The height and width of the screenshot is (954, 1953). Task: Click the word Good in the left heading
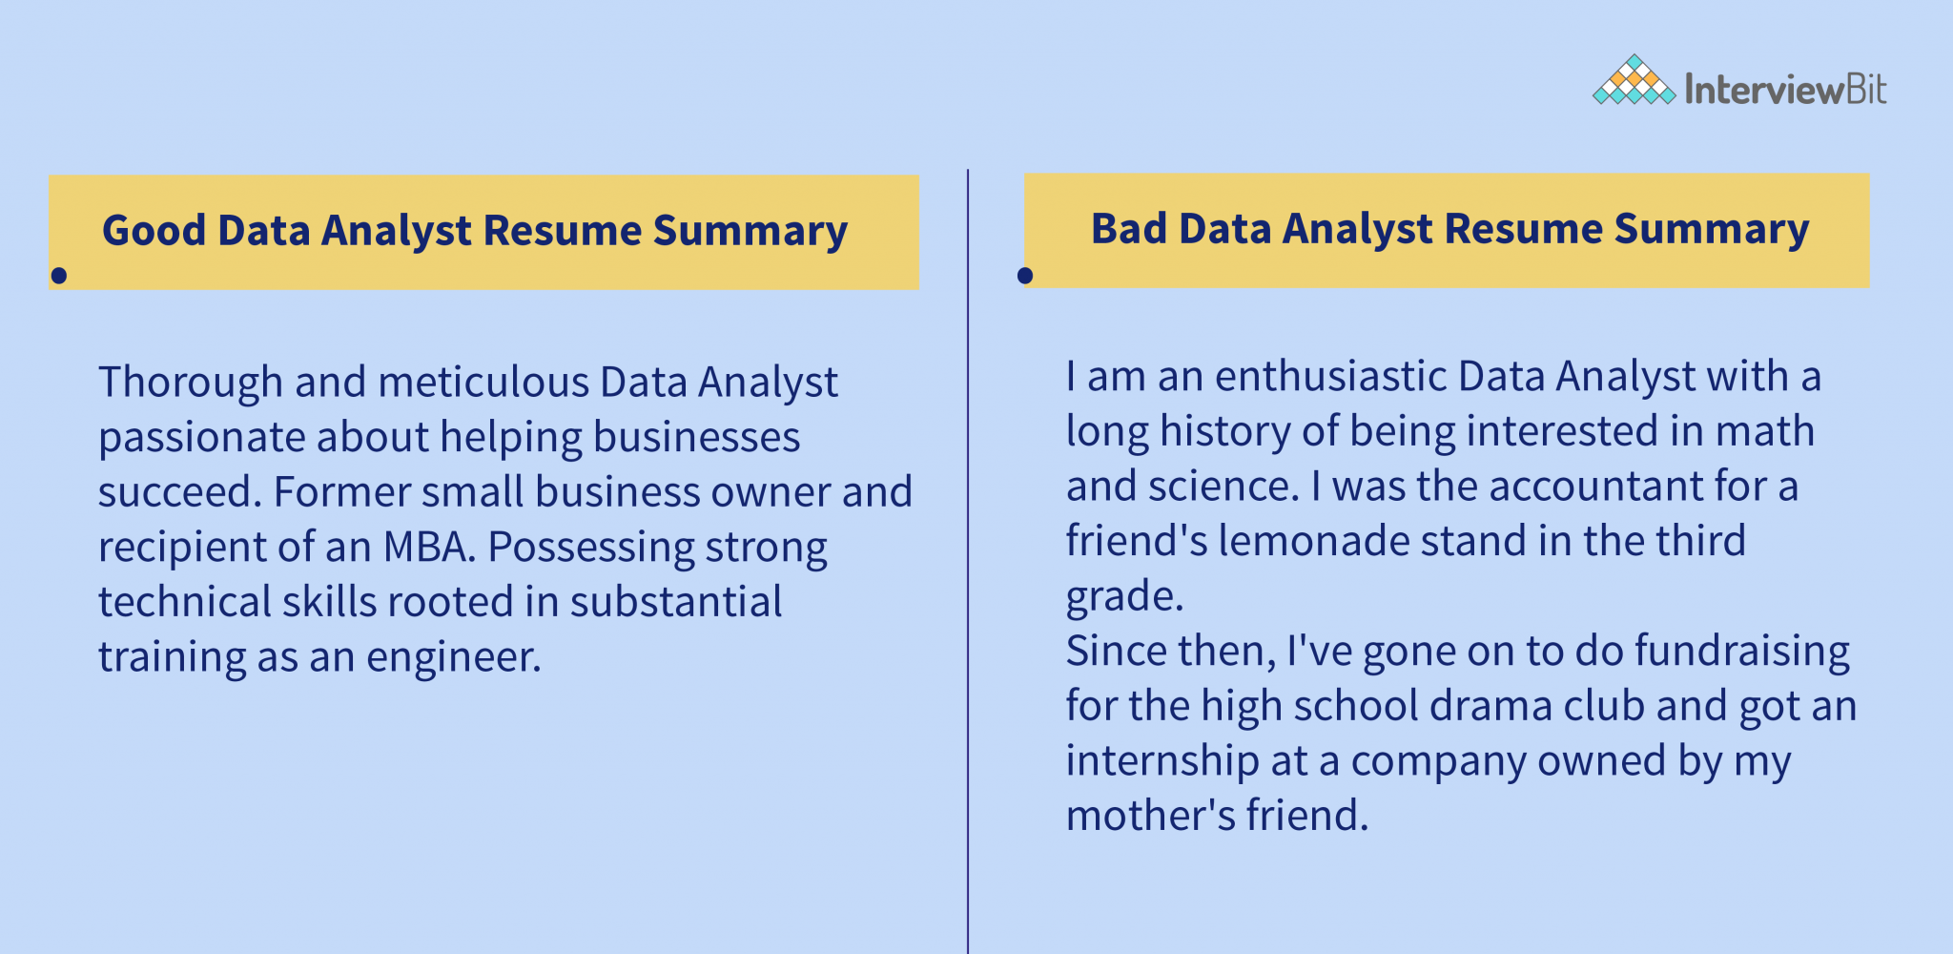click(x=154, y=231)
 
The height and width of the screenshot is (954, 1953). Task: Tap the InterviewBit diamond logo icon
click(x=1634, y=81)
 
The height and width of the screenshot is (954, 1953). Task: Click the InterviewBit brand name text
click(x=1785, y=90)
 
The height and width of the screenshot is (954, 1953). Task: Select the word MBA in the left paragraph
click(x=426, y=547)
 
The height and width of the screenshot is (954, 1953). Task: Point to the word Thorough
click(x=190, y=383)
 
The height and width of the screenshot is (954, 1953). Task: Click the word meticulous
click(x=483, y=383)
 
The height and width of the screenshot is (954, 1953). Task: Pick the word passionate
click(x=200, y=438)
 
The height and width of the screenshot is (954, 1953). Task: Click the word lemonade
click(x=1313, y=541)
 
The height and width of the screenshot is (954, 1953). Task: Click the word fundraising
click(x=1742, y=651)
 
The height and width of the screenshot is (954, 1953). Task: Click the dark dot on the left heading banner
click(x=59, y=276)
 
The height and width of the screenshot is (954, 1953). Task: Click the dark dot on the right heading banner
click(x=1025, y=276)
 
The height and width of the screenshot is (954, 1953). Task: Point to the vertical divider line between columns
click(x=968, y=572)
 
